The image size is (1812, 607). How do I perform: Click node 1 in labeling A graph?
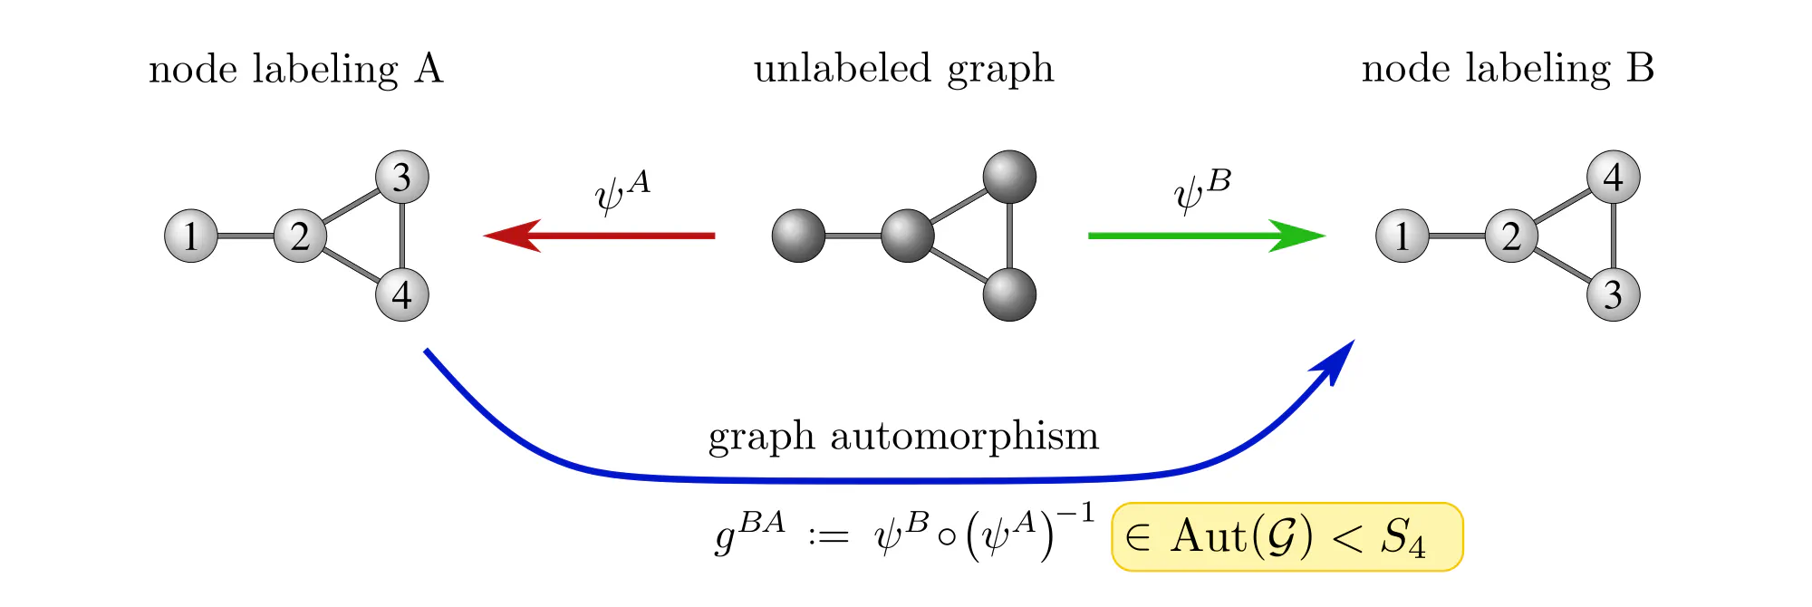click(191, 236)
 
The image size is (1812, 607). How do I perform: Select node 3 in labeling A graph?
click(402, 177)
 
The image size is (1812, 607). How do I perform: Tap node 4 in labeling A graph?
click(402, 294)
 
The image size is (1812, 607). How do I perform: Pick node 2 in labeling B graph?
click(1511, 236)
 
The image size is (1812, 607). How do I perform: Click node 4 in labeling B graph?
click(1614, 177)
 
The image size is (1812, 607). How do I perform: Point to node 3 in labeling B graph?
click(1614, 294)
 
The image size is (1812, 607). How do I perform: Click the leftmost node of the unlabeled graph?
click(798, 236)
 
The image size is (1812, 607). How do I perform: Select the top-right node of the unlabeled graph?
click(1009, 177)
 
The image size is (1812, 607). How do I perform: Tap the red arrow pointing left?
click(598, 236)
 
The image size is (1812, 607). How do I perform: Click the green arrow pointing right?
click(1205, 236)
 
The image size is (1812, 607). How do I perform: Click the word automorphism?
click(964, 437)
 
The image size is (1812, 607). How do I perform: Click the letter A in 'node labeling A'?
click(429, 69)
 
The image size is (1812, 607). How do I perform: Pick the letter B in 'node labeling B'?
click(1640, 69)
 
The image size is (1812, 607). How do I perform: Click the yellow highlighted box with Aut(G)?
click(1287, 537)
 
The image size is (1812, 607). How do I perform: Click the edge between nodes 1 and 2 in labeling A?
click(246, 236)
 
